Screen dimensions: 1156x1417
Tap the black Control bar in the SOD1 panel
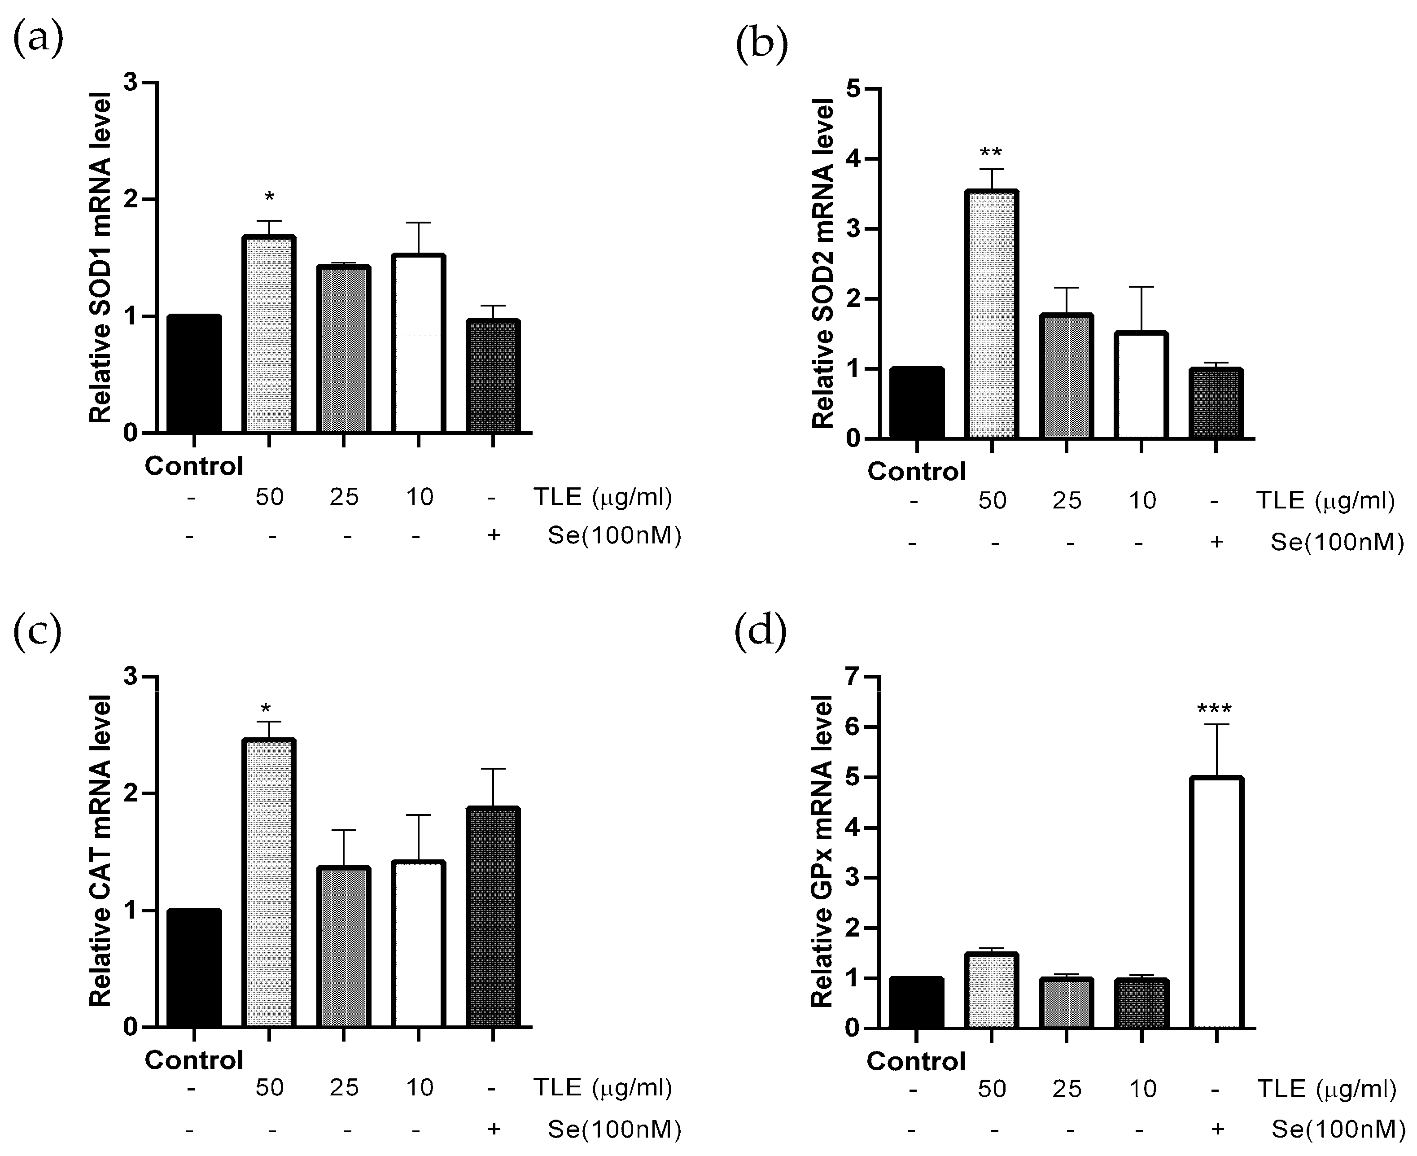194,373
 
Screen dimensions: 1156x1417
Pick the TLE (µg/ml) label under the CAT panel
603,1087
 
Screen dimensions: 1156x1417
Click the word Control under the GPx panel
916,1061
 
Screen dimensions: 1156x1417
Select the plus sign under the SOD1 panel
494,535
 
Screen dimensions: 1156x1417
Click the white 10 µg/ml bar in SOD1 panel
418,343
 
